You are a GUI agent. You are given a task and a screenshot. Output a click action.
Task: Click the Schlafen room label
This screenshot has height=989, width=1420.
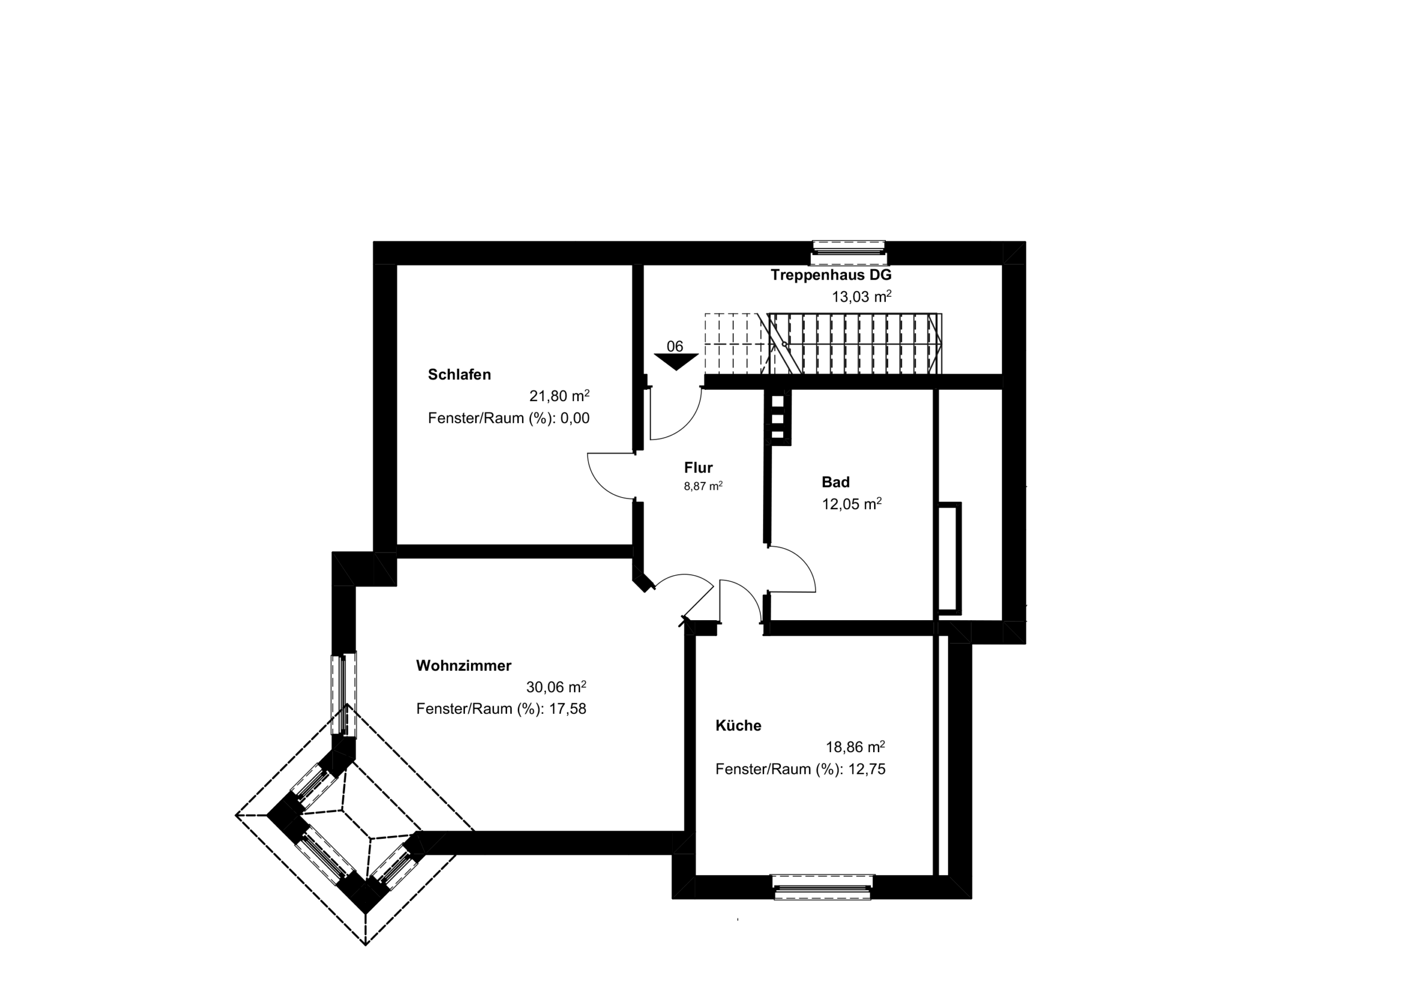coord(459,374)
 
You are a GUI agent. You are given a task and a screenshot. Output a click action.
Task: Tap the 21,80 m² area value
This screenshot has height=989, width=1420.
coord(559,395)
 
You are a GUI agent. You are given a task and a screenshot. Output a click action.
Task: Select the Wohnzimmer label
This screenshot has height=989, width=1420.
coord(463,666)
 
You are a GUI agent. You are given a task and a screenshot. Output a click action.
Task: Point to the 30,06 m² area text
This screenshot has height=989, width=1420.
coord(556,687)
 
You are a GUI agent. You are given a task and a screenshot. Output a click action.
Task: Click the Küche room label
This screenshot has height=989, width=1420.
coord(738,726)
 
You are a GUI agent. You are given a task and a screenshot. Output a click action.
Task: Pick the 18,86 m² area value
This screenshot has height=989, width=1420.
coord(855,747)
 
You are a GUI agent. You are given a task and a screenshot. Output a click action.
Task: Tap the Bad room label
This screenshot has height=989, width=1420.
coord(835,482)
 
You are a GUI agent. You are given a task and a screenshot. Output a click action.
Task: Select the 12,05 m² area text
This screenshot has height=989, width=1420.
coord(851,504)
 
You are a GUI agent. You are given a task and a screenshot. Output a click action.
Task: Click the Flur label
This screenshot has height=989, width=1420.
coord(698,468)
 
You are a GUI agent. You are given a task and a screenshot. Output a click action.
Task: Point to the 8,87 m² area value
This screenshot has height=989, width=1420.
coord(703,486)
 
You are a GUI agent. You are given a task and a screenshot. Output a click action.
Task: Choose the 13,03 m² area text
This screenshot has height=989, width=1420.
coord(861,296)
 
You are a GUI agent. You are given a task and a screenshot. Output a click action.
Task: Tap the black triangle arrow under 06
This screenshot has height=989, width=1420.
coord(677,362)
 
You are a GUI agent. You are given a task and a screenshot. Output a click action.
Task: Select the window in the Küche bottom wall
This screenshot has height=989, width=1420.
coord(823,887)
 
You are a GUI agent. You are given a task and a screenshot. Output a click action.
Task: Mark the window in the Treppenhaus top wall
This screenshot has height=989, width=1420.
coord(849,253)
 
